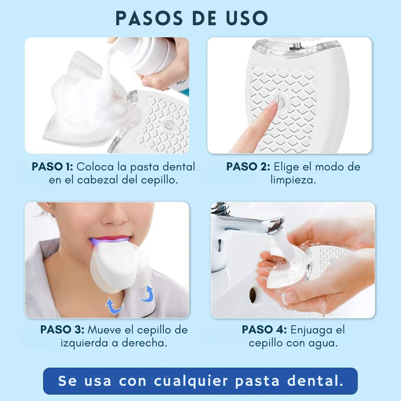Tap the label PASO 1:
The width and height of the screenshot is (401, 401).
click(52, 167)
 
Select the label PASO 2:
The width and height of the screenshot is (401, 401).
click(248, 167)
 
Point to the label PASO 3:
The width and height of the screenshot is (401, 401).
click(62, 330)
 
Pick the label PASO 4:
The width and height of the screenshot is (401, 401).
click(264, 330)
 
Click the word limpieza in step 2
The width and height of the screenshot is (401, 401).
click(293, 180)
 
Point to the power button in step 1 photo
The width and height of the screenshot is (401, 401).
click(168, 125)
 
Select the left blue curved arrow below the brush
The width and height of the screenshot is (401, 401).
click(114, 305)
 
